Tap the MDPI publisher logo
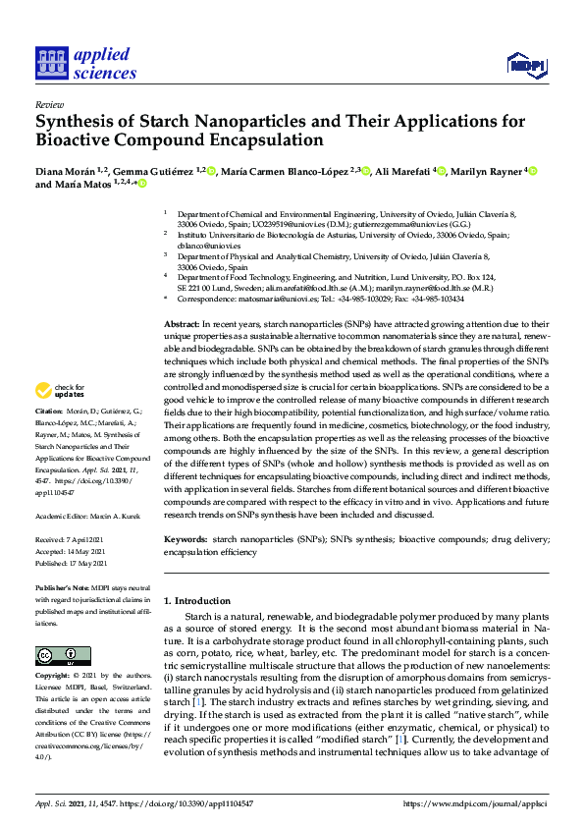click(525, 64)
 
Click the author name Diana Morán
click(64, 171)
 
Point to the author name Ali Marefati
click(404, 171)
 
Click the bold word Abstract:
click(183, 324)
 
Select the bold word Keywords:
click(186, 540)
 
